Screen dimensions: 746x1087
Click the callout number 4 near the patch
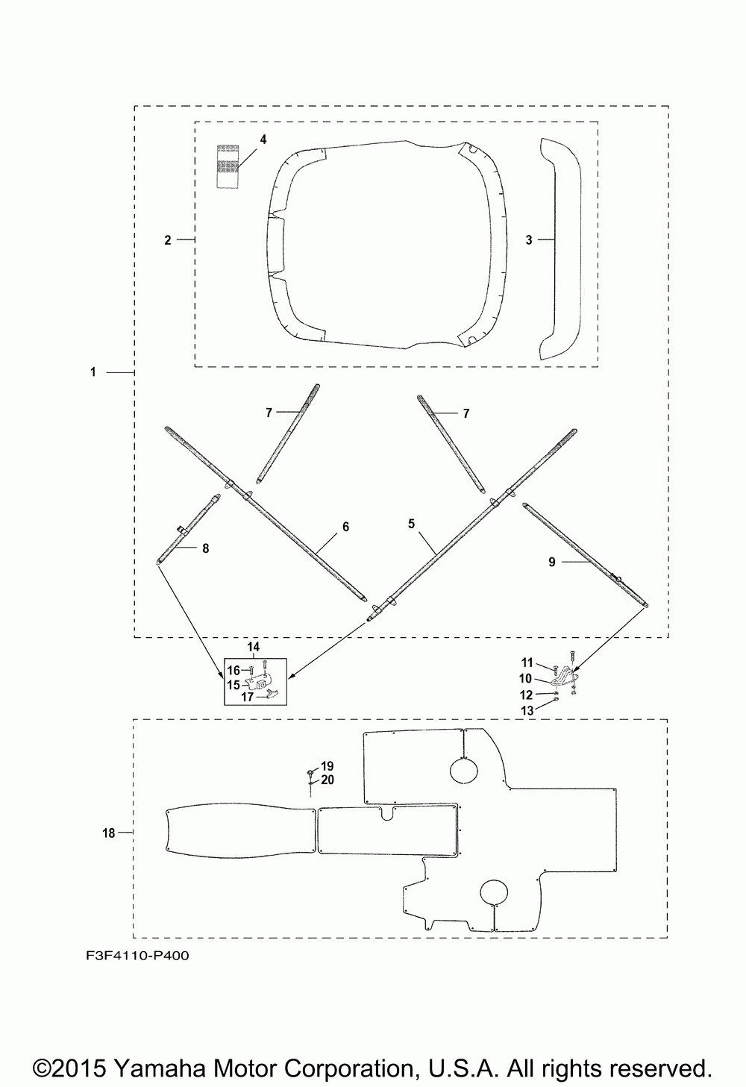coord(263,140)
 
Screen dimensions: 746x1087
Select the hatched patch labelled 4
coord(227,166)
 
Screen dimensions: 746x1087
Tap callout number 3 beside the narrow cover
coord(529,239)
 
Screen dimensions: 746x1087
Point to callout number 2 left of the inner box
coord(168,239)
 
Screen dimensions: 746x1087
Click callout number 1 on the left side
coord(93,372)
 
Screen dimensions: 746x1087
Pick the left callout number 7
coord(269,413)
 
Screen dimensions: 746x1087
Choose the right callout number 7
coord(466,413)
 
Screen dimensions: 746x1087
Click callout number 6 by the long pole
coord(345,527)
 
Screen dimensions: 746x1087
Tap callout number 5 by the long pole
coord(412,524)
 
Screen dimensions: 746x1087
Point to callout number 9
coord(552,562)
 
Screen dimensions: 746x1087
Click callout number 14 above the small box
coord(254,646)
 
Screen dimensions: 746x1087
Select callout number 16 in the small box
coord(233,670)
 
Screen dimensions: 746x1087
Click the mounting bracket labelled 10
coord(565,677)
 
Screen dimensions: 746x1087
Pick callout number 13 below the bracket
coord(527,711)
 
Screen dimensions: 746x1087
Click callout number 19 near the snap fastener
coord(327,766)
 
